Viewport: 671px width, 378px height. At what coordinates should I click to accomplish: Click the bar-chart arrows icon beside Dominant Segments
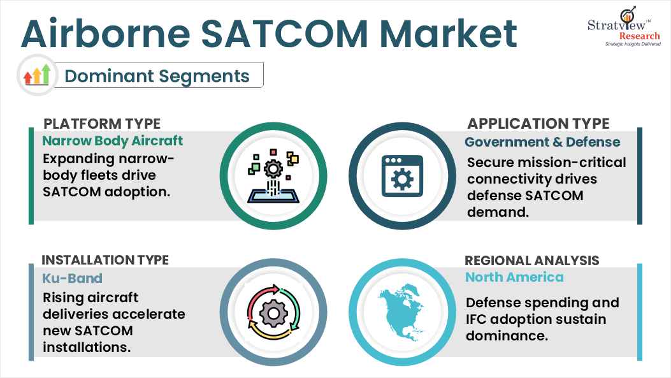click(36, 76)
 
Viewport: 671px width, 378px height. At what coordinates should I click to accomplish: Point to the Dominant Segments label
click(157, 76)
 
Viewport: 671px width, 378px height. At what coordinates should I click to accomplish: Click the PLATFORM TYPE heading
click(101, 123)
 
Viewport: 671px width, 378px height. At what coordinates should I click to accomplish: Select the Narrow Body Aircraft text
click(112, 140)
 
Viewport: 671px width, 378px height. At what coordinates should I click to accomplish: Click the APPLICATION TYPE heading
click(538, 123)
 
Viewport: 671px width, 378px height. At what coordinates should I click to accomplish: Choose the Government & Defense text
click(542, 142)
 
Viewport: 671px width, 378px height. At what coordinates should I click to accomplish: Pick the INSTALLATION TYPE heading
click(105, 260)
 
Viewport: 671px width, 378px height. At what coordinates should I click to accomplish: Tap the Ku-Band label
click(72, 278)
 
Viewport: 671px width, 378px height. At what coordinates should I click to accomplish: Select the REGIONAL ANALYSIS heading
click(532, 260)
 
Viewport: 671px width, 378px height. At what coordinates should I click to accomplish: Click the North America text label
click(514, 277)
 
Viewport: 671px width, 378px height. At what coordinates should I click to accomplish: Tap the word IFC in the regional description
click(477, 319)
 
